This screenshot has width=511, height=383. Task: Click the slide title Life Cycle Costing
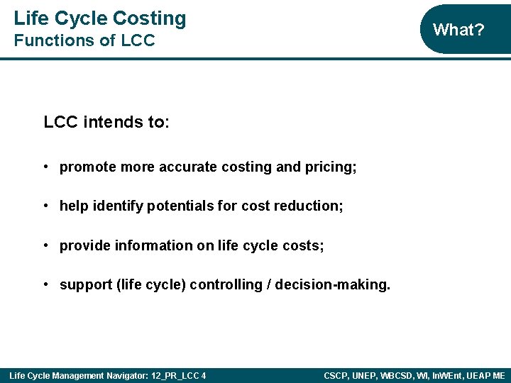pyautogui.click(x=99, y=18)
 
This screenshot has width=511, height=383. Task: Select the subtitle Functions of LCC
pyautogui.click(x=84, y=41)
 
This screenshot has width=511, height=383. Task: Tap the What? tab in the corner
pyautogui.click(x=458, y=30)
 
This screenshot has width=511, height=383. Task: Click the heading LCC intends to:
pyautogui.click(x=106, y=122)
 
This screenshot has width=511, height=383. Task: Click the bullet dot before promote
pyautogui.click(x=45, y=167)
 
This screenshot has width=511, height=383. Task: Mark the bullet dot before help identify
pyautogui.click(x=45, y=206)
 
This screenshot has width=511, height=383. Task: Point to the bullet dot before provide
pyautogui.click(x=45, y=245)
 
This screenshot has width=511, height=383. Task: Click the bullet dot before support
pyautogui.click(x=45, y=284)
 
